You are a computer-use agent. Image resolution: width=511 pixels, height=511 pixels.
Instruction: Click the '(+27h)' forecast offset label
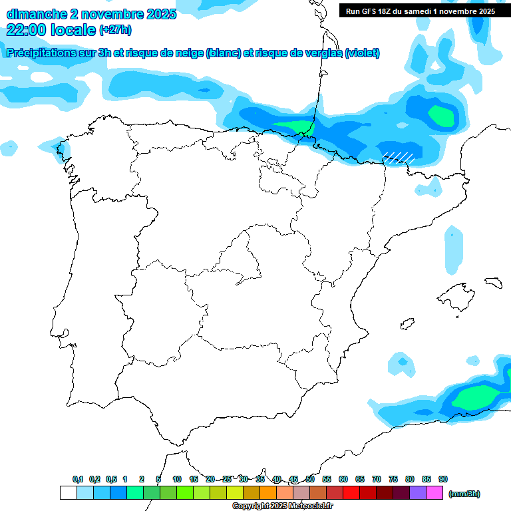click(115, 30)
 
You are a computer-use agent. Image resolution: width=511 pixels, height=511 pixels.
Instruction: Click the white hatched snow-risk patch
click(399, 157)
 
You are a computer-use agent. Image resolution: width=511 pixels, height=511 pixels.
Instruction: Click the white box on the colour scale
click(68, 493)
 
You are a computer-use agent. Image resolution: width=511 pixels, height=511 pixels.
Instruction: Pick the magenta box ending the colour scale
click(434, 493)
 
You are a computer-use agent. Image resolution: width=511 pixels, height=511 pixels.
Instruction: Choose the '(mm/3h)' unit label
click(464, 494)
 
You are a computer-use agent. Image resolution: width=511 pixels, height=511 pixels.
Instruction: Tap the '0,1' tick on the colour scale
click(78, 479)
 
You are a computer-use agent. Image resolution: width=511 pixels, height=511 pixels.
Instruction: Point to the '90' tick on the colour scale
click(443, 479)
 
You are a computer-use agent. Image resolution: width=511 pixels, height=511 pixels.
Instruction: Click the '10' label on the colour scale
click(177, 479)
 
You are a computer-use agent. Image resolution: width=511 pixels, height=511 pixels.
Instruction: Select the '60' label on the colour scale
click(343, 479)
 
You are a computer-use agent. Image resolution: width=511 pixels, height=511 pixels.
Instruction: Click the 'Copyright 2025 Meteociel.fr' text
click(283, 506)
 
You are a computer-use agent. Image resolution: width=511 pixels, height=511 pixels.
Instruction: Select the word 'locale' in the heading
click(73, 29)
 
